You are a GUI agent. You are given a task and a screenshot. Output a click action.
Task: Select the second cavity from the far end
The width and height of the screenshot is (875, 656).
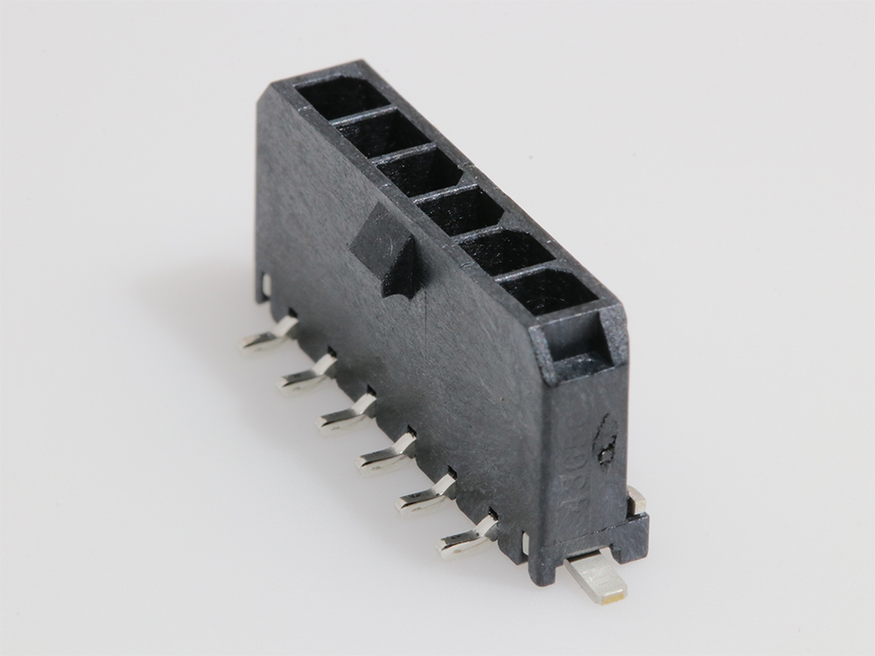pyautogui.click(x=381, y=133)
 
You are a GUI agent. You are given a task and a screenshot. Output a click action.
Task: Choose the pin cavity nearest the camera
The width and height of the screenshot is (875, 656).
pyautogui.click(x=547, y=291)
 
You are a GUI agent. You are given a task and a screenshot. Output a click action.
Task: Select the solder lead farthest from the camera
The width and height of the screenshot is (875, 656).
pyautogui.click(x=268, y=338)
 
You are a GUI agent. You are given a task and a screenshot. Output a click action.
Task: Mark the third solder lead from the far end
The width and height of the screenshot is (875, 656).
pyautogui.click(x=346, y=415)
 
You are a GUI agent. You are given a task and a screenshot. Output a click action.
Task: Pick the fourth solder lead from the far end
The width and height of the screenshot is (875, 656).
pyautogui.click(x=385, y=455)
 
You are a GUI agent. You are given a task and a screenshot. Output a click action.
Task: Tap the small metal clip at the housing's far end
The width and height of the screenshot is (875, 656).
pyautogui.click(x=264, y=286)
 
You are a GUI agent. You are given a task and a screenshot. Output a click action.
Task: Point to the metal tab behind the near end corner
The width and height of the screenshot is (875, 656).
pyautogui.click(x=637, y=500)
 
